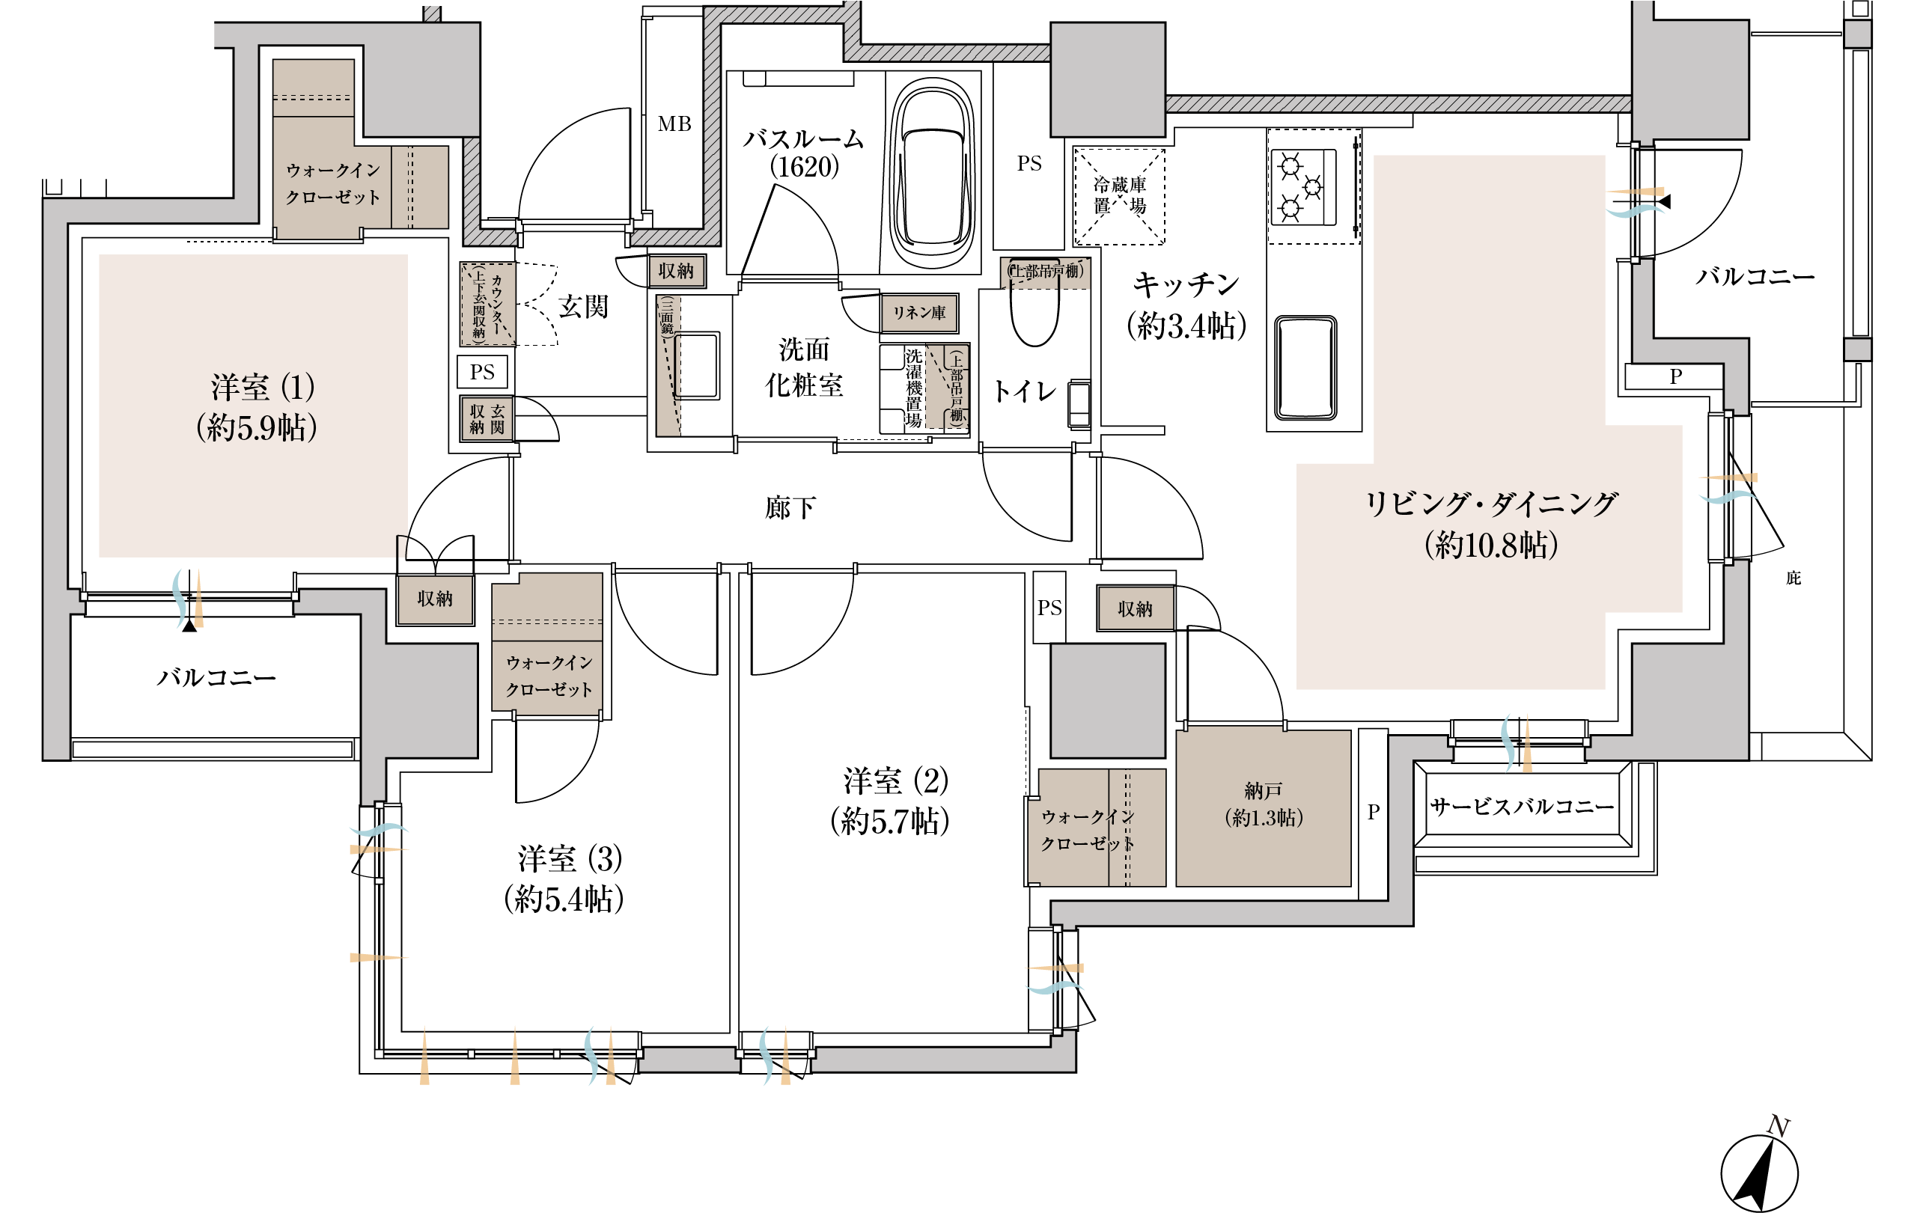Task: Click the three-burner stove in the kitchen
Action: [x=1304, y=186]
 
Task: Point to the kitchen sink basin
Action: [x=1305, y=367]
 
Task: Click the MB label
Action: [x=674, y=124]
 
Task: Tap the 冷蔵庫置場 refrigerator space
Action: [x=1119, y=196]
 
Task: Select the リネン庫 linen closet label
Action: [x=919, y=312]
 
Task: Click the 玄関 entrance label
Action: [x=583, y=307]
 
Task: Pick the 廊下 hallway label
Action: [x=790, y=508]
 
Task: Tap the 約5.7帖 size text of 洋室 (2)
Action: [x=890, y=822]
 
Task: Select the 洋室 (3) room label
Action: [x=570, y=859]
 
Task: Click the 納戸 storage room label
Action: [x=1263, y=791]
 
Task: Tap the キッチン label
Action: [x=1186, y=285]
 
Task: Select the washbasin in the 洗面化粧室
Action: [x=696, y=366]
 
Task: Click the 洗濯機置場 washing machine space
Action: [x=913, y=388]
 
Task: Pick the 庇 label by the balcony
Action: [x=1794, y=578]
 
